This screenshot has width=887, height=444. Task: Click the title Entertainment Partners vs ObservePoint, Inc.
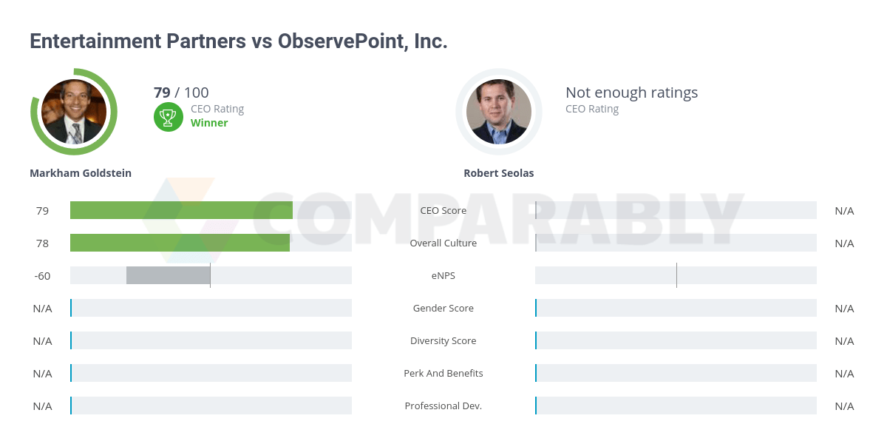238,41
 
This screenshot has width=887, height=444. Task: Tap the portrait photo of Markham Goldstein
74,112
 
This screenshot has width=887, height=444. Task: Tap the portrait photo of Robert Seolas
499,112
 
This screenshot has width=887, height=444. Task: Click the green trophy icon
169,117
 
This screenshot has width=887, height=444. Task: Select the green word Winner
209,123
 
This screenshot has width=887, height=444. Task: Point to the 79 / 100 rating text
181,92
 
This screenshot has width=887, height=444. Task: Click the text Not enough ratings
631,92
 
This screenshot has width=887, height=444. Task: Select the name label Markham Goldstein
81,173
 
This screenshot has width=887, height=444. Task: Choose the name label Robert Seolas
498,173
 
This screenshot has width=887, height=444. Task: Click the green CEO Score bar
181,210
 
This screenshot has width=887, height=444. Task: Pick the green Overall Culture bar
180,243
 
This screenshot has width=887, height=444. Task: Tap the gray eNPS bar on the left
168,275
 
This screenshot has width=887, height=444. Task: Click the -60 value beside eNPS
42,276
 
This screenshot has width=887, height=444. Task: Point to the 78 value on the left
42,243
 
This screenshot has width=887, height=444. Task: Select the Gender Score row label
443,309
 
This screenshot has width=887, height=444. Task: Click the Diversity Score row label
443,341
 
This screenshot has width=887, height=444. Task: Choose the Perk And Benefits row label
443,374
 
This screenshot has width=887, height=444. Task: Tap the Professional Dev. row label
443,406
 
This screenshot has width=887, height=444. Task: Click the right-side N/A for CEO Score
844,211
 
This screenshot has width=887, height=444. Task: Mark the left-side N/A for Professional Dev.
42,406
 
